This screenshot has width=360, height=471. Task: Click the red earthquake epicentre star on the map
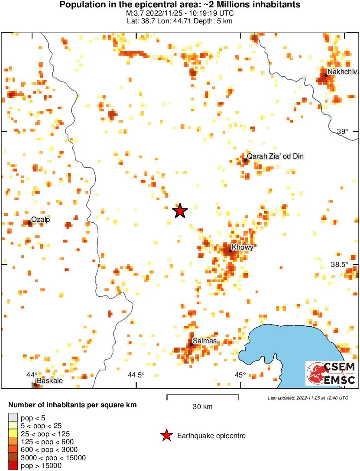click(x=180, y=211)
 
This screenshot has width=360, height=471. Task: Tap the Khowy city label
click(x=243, y=247)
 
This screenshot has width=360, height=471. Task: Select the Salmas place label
click(x=204, y=341)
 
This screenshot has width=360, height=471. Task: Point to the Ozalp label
click(x=40, y=220)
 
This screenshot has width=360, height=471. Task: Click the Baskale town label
click(x=50, y=381)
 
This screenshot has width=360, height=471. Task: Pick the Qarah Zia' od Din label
click(x=275, y=156)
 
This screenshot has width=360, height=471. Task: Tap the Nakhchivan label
click(x=342, y=72)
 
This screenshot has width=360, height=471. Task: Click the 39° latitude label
click(x=342, y=132)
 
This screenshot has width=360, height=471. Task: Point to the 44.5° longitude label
click(x=136, y=375)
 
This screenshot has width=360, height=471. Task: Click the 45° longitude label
click(x=240, y=375)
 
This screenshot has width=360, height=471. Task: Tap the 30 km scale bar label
click(x=203, y=406)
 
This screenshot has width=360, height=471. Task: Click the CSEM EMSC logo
click(x=331, y=374)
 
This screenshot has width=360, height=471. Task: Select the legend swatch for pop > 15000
click(x=13, y=466)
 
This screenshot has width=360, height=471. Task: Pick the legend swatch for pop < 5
click(x=13, y=418)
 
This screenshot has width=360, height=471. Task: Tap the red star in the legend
click(x=166, y=435)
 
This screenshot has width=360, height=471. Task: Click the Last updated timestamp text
click(x=308, y=398)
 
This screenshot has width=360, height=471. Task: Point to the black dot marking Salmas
click(x=191, y=344)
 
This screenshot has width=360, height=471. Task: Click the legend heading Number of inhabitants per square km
click(x=73, y=406)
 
